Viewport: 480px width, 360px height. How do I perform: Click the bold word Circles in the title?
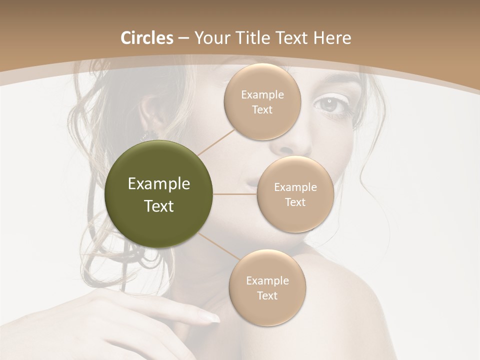pos(147,38)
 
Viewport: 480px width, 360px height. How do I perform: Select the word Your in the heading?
pos(212,38)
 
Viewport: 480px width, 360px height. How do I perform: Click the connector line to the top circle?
pos(216,142)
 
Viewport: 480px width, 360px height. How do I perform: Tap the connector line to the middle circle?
pos(235,194)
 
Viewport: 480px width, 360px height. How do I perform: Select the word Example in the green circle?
pos(159,184)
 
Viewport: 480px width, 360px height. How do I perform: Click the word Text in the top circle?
pos(262,110)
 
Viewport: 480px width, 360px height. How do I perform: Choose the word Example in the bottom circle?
pos(267,280)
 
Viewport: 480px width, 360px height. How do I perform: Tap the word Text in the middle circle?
pos(295,202)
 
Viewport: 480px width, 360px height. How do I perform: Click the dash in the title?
pos(183,38)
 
